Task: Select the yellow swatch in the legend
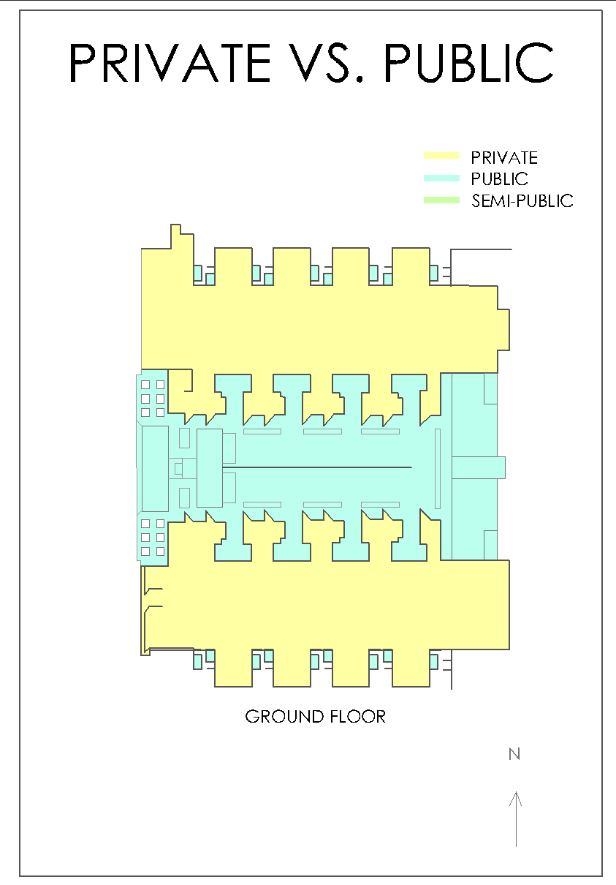[441, 156]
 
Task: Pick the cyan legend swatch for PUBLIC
[441, 178]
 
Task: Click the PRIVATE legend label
[504, 157]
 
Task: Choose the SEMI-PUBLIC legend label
[522, 201]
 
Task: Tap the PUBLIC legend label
[500, 179]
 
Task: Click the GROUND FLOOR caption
[315, 717]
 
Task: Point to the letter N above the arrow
[514, 754]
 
